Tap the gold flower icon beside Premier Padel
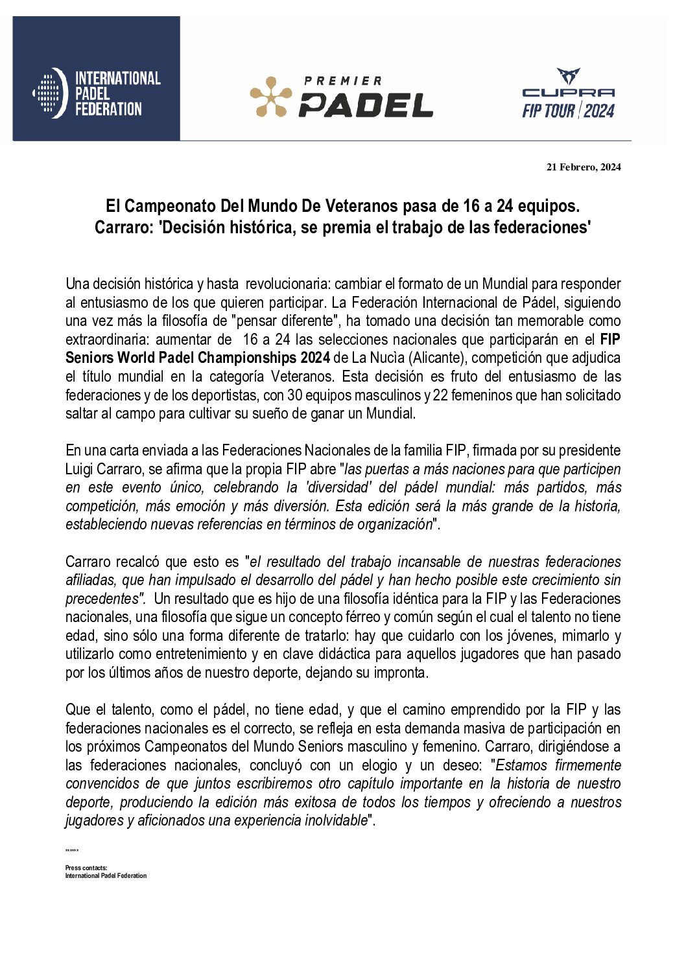(x=271, y=97)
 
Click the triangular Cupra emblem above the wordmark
(x=568, y=76)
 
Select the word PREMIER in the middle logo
(x=343, y=81)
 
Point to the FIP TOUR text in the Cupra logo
(x=549, y=111)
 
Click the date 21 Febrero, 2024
(x=584, y=167)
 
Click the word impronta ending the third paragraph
(x=401, y=673)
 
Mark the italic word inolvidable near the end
(x=335, y=820)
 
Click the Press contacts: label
(x=86, y=868)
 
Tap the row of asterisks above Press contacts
(x=72, y=851)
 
